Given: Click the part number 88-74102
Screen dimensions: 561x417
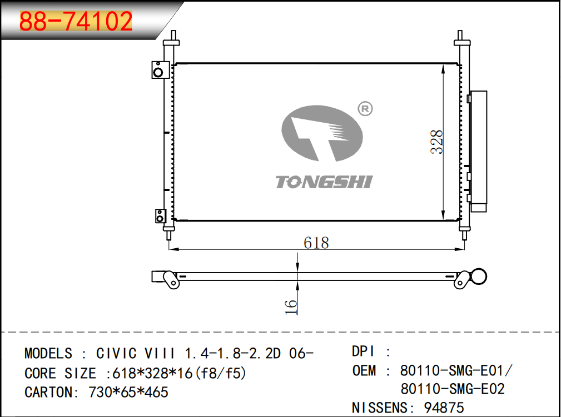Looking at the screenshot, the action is pos(76,22).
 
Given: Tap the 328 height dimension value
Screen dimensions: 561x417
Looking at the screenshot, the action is pos(437,142).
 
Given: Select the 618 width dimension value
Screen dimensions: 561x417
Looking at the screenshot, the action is pos(316,243).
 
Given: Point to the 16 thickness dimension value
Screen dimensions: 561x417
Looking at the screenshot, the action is pos(291,307).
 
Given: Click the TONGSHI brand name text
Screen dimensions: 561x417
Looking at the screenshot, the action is pos(324,182).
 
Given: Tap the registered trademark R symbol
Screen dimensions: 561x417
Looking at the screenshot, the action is pos(365,109).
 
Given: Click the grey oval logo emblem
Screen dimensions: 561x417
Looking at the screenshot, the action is pos(322,133).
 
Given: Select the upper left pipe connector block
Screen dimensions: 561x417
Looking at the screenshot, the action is pos(160,69).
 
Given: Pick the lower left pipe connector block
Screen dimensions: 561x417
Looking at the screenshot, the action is pos(160,216).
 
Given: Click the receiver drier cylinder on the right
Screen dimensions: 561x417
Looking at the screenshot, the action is pos(479,152).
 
